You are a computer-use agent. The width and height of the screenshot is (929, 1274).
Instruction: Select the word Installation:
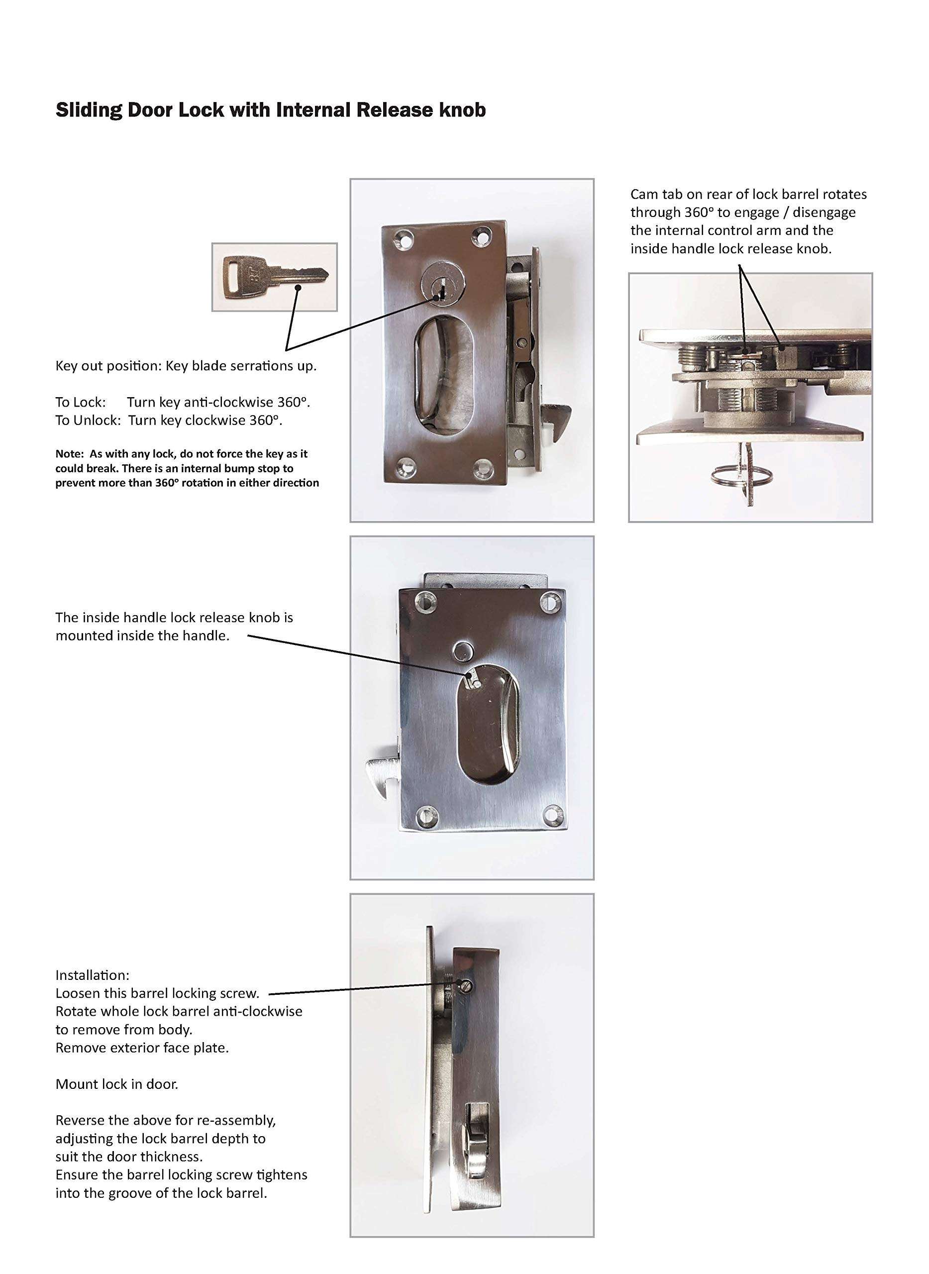[x=92, y=975]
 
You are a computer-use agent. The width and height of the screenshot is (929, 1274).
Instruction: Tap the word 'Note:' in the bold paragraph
[x=69, y=454]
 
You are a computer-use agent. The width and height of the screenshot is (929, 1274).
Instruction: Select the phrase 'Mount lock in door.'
[x=116, y=1084]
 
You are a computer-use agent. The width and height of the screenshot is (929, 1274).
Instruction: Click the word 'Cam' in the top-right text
[x=643, y=195]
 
